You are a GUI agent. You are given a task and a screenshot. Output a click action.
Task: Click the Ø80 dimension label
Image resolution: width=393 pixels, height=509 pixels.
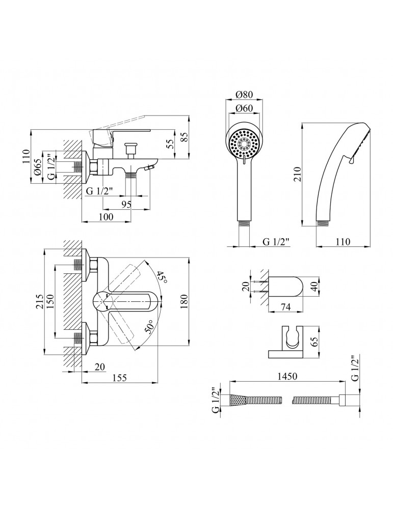245,95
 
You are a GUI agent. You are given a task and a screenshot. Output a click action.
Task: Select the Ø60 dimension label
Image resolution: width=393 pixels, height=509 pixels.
245,108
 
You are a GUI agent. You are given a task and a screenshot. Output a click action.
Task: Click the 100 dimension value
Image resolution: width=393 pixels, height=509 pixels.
106,217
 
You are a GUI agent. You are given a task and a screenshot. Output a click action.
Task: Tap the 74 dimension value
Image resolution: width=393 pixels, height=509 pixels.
286,307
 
